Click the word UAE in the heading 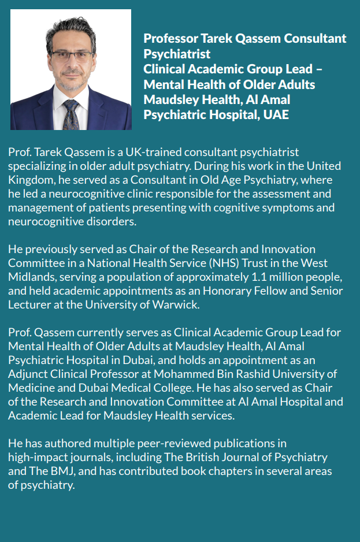[276, 114]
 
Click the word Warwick [176, 305]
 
